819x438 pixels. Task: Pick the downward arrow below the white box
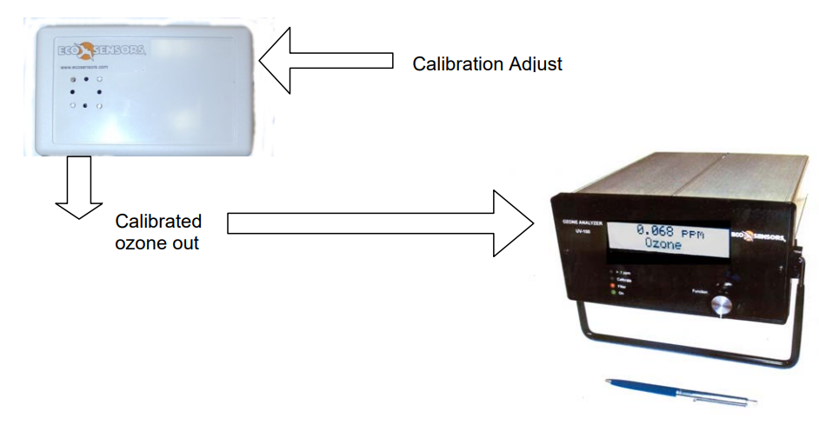[79, 187]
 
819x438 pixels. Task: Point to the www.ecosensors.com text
[83, 67]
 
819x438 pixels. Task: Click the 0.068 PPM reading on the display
[667, 231]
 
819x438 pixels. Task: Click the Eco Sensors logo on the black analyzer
[759, 236]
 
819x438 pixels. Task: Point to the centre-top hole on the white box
[86, 78]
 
